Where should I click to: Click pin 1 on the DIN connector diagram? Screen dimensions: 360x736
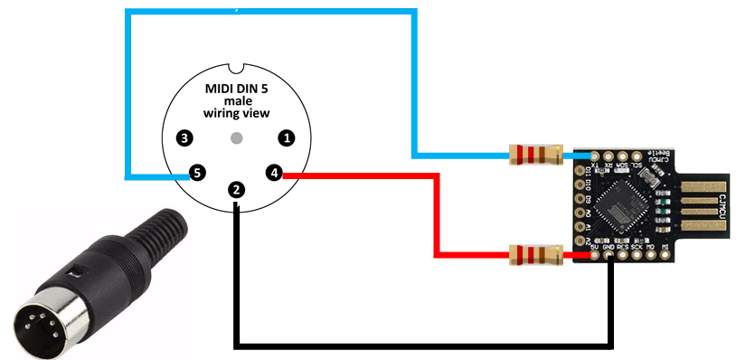click(x=287, y=138)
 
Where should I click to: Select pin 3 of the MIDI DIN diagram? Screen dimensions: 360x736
click(x=185, y=138)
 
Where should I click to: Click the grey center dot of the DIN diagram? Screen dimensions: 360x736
click(x=236, y=138)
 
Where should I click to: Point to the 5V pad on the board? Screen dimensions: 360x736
click(x=594, y=255)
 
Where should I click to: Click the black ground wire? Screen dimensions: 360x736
click(x=425, y=345)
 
